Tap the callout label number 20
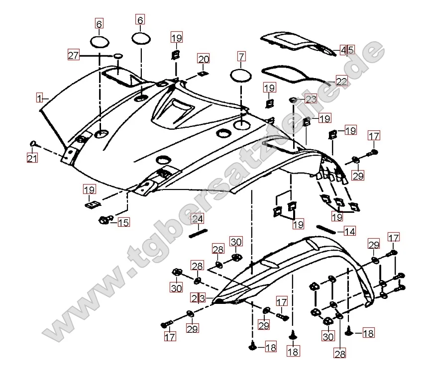(203, 60)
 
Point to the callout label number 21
(32, 158)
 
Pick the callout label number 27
(74, 56)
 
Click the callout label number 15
(123, 222)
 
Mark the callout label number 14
(350, 231)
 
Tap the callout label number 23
(311, 99)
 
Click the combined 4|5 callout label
(347, 50)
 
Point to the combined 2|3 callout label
(198, 297)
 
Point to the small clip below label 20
(202, 74)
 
